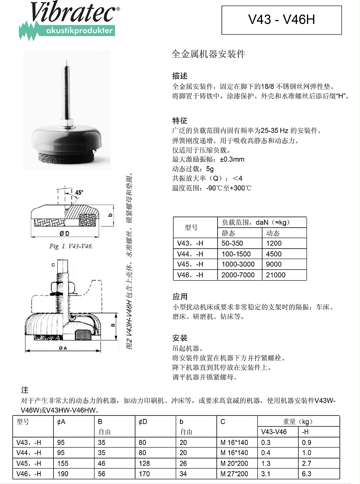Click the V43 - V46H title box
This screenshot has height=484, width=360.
click(x=281, y=20)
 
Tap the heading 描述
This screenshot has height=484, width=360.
click(x=180, y=76)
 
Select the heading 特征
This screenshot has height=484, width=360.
click(x=180, y=120)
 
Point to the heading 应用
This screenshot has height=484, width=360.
click(x=180, y=297)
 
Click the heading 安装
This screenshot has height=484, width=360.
click(x=180, y=338)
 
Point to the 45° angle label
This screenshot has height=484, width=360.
click(x=79, y=192)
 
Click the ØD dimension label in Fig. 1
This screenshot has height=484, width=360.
click(x=64, y=233)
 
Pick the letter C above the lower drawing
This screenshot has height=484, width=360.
click(x=53, y=265)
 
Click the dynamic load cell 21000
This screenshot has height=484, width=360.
click(x=276, y=275)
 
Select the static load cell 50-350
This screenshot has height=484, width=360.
click(x=231, y=244)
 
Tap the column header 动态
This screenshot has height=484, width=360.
click(x=273, y=233)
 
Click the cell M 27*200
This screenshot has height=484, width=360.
click(x=234, y=474)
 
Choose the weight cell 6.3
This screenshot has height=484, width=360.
click(x=307, y=474)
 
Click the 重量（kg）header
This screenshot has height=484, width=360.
click(x=298, y=422)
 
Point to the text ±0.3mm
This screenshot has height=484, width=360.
click(x=232, y=159)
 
